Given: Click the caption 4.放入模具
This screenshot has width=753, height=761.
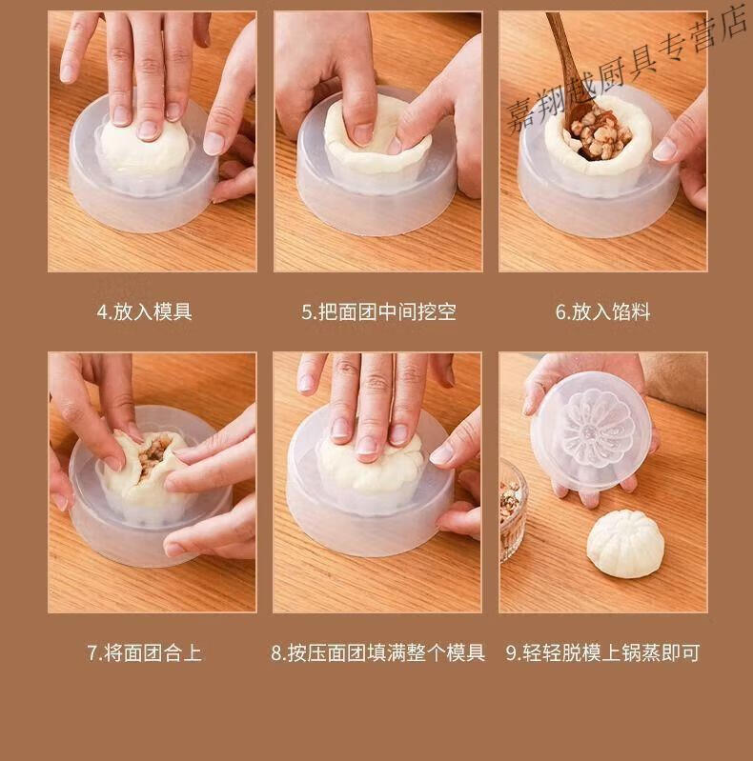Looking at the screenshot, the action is pos(145,312).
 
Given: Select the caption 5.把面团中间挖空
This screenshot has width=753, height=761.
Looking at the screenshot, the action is pos(379,312).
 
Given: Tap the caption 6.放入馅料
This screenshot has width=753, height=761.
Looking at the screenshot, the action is pos(603,312).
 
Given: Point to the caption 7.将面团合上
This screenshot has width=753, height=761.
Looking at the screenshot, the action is pos(144,652).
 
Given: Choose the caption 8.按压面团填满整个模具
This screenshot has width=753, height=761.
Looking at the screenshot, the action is pos(378,652).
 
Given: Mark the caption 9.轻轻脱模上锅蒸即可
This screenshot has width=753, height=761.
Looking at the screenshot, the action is pos(603,652).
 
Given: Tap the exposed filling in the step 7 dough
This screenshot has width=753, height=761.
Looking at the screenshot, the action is pos(154,452).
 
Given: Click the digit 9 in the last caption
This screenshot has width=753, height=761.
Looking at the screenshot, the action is pos(511,653).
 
